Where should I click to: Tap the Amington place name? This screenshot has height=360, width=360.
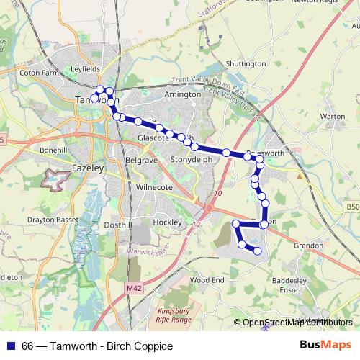click(183, 94)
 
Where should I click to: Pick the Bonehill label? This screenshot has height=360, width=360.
click(53, 149)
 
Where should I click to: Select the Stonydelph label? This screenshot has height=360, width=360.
click(190, 159)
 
